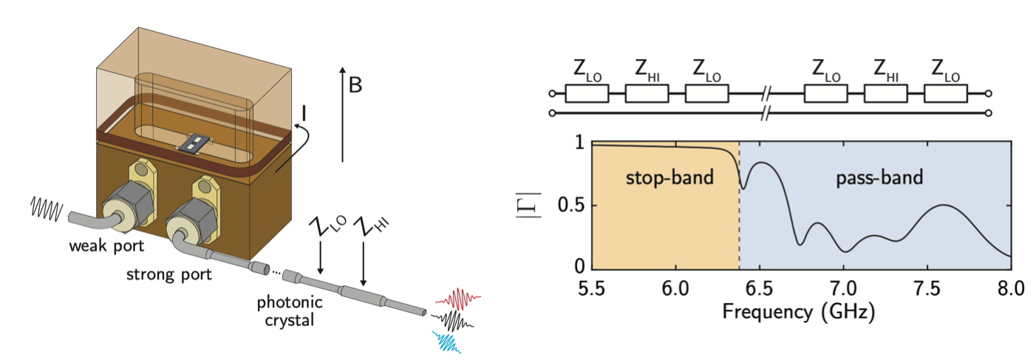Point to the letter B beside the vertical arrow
point(355,86)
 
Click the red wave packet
point(458,299)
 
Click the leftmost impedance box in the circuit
point(587,94)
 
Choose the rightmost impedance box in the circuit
point(946,94)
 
